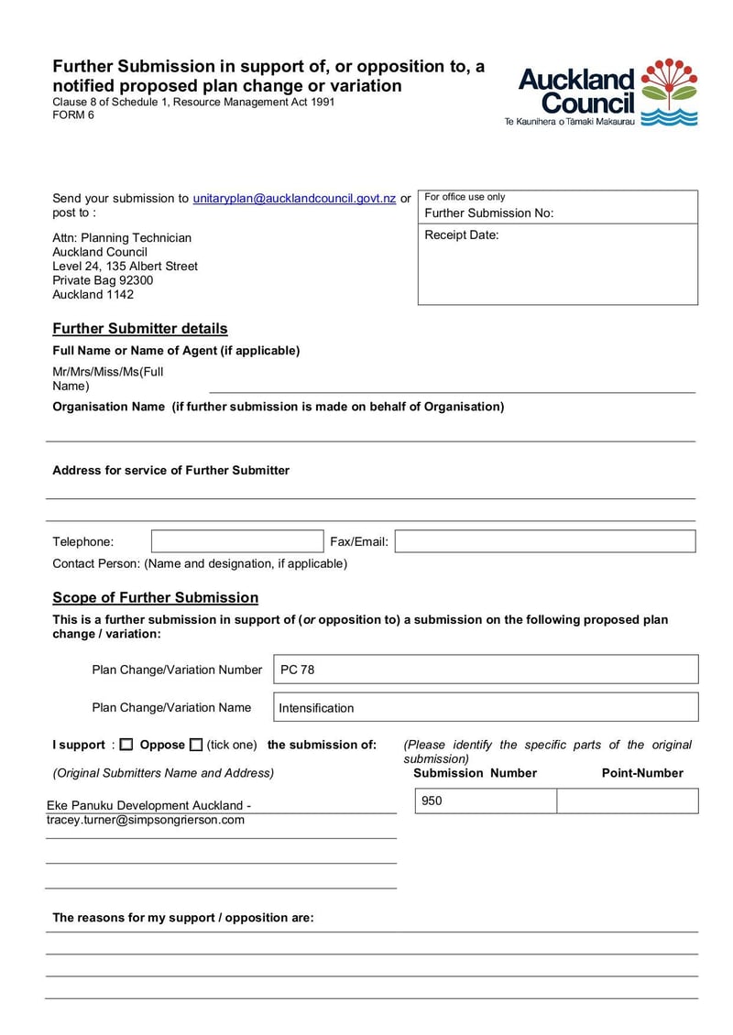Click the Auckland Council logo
(x=607, y=93)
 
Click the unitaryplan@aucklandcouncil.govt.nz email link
(x=294, y=198)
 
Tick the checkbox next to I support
(x=126, y=746)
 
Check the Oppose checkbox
(x=196, y=746)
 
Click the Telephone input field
(x=237, y=541)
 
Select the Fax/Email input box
(x=545, y=541)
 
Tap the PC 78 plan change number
(x=297, y=670)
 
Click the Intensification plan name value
(x=316, y=708)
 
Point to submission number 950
(x=432, y=801)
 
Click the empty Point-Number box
(x=627, y=801)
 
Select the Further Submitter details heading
(x=140, y=329)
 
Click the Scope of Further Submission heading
(x=155, y=598)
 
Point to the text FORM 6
(x=73, y=115)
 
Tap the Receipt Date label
(x=462, y=235)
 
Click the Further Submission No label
(x=489, y=213)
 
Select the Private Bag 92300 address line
(x=103, y=280)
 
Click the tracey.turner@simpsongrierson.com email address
(x=146, y=820)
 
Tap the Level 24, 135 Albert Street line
(x=125, y=267)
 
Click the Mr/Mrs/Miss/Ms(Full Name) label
(x=108, y=378)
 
